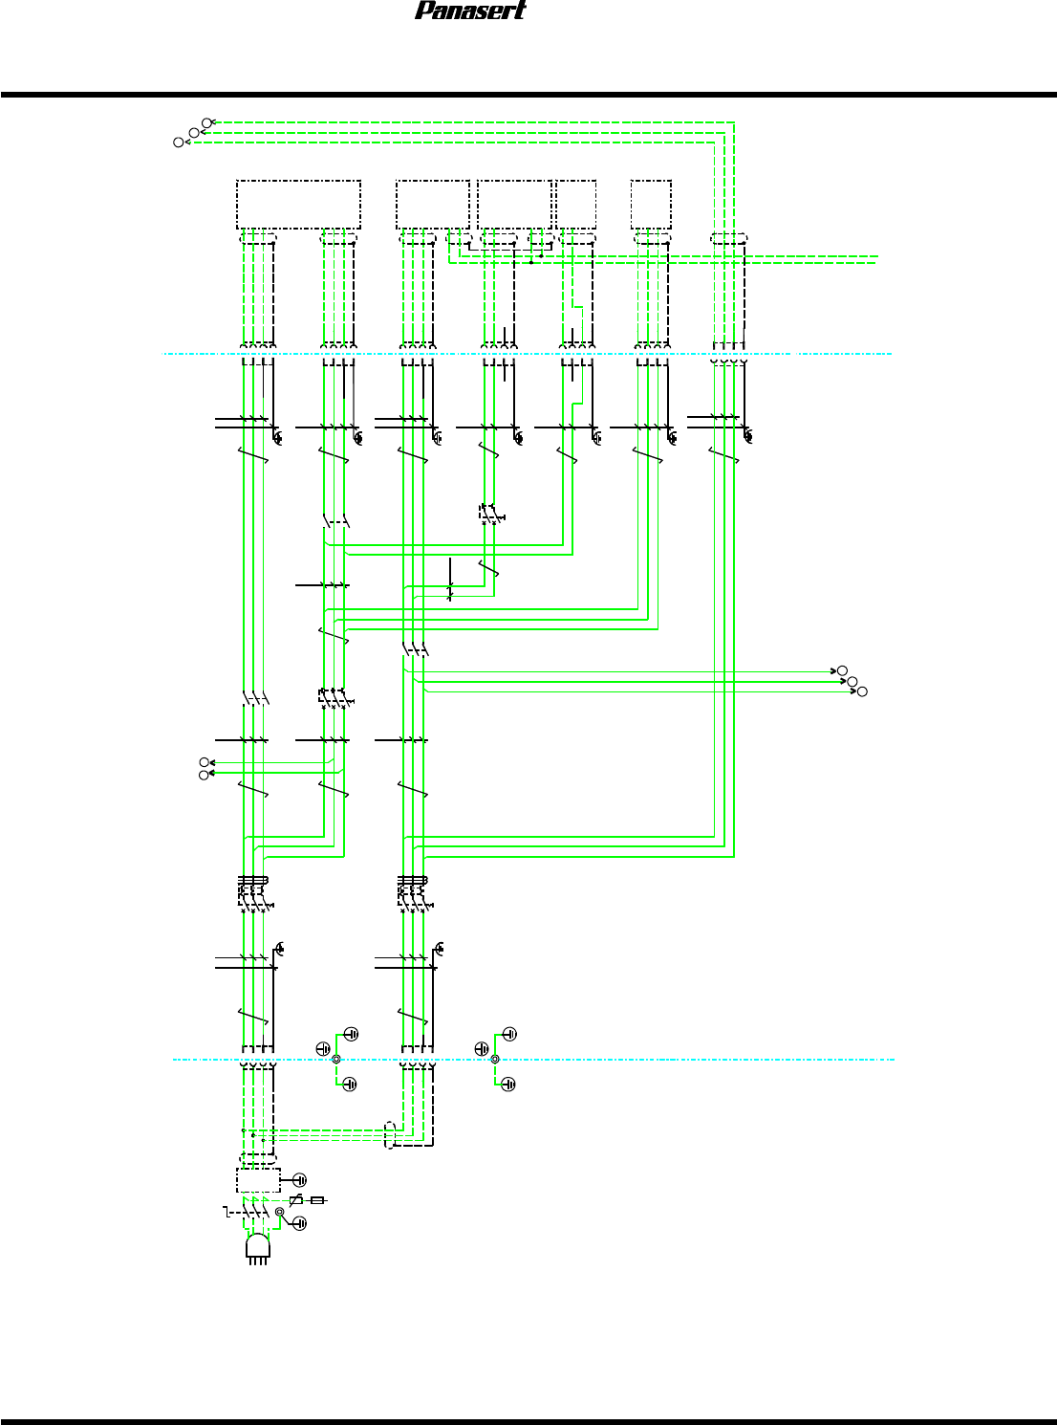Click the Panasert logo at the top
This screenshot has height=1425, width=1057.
tap(470, 11)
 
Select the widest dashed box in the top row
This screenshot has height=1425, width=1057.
tap(298, 204)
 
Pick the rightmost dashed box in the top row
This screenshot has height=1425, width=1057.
tap(651, 204)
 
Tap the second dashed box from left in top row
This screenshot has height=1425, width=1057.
tap(433, 204)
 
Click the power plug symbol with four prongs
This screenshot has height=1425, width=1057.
tap(258, 1247)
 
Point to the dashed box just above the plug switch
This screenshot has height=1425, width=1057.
tap(258, 1180)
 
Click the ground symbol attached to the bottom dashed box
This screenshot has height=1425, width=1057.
tap(300, 1180)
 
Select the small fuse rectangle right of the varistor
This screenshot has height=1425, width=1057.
tap(317, 1200)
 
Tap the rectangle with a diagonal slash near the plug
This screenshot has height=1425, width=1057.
tap(296, 1200)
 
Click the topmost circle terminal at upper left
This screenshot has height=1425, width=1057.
tap(206, 122)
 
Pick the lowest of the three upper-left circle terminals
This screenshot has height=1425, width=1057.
tap(178, 142)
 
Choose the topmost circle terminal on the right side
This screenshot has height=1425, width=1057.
tap(842, 670)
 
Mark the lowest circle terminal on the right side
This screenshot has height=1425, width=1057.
tap(861, 691)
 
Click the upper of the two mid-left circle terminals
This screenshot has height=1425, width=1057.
tap(204, 762)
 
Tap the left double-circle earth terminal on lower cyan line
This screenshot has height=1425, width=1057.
tap(335, 1059)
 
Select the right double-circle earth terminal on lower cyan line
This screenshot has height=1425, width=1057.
tap(494, 1059)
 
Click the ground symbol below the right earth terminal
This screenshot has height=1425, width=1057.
tap(509, 1084)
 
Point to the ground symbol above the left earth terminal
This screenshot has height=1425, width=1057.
tap(351, 1034)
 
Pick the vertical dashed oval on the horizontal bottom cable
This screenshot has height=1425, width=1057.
tap(390, 1133)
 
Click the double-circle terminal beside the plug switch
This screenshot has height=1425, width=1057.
tap(280, 1212)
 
